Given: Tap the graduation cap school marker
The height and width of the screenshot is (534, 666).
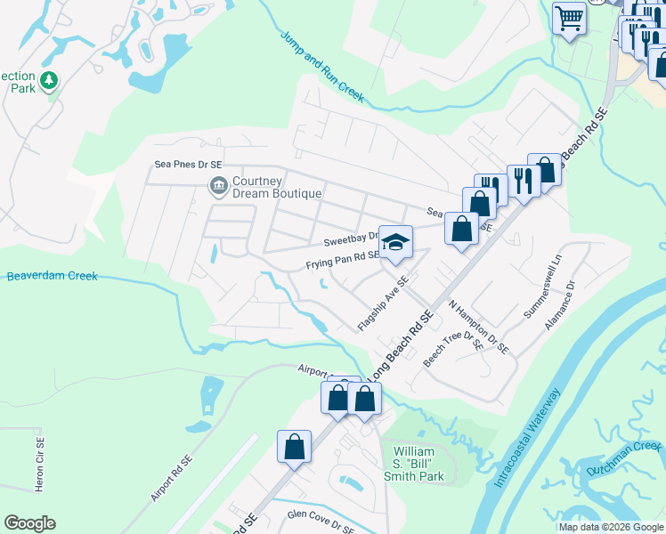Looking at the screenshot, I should click(x=396, y=242).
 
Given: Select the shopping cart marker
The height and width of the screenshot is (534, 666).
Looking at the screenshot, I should click(x=569, y=18).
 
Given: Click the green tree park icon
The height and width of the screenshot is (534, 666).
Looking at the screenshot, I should click(x=51, y=81).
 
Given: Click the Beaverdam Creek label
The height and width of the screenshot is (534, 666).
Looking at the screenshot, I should click(x=52, y=276).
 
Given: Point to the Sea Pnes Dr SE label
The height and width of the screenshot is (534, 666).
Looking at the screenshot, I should click(x=188, y=165).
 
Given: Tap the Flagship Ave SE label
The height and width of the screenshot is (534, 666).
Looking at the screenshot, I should click(x=383, y=304).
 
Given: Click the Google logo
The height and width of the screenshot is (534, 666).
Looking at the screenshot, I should click(x=29, y=523).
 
